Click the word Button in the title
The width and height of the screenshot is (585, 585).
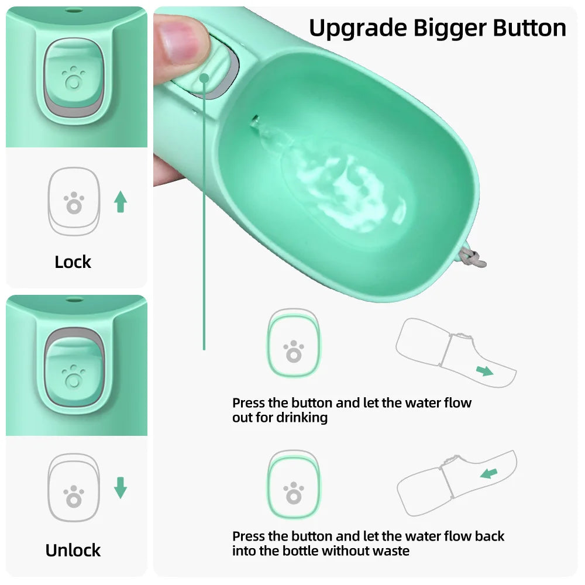[x=529, y=27]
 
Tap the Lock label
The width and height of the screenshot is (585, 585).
[x=73, y=262]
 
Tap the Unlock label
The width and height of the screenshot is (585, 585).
[x=73, y=550]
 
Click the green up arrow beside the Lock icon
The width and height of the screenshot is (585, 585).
[x=121, y=201]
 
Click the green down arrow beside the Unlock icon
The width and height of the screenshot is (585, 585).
[x=121, y=488]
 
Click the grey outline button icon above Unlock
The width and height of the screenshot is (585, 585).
[x=74, y=488]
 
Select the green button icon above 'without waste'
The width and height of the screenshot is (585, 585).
[x=294, y=486]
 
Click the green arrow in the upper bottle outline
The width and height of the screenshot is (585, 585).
[x=484, y=371]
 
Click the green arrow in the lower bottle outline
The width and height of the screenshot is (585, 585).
[x=488, y=473]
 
